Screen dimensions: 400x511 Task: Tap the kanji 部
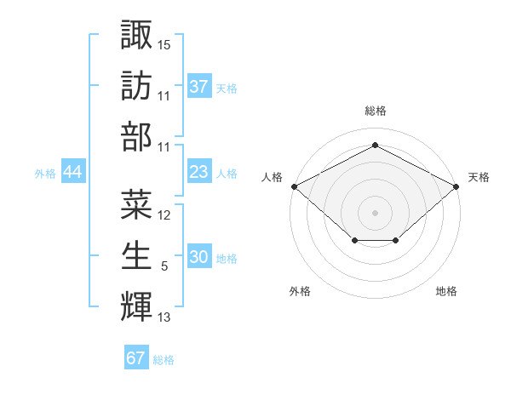click(137, 136)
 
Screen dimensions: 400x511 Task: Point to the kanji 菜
click(137, 203)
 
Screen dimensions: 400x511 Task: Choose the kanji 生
click(137, 255)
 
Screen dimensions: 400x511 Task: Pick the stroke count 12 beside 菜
click(164, 215)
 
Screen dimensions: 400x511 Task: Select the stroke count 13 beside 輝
click(164, 318)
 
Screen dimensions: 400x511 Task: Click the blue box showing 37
click(198, 87)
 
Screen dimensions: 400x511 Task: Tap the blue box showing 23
click(198, 172)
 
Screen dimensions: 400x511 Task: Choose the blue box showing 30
click(198, 258)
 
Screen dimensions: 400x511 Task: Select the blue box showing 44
click(72, 172)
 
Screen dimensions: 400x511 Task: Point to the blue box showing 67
click(135, 358)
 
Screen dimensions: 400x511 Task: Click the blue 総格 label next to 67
click(164, 360)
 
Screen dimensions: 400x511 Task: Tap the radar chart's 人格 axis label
click(272, 177)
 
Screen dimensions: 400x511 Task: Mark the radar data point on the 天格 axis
click(457, 186)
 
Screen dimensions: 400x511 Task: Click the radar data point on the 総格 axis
click(375, 146)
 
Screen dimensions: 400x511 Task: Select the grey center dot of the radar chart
click(375, 212)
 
